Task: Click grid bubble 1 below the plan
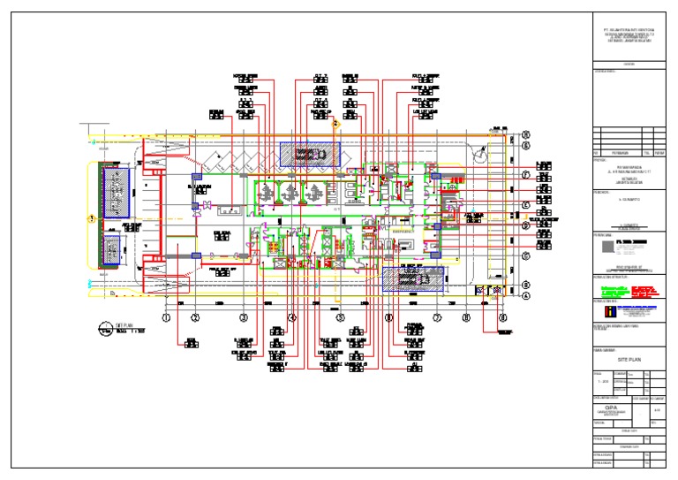(x=165, y=316)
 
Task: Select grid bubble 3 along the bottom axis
(x=244, y=316)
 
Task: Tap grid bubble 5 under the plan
(x=341, y=316)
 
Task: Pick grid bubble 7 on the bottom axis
(x=436, y=316)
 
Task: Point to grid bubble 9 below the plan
(x=502, y=316)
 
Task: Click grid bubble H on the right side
(x=525, y=134)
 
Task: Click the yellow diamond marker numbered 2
(x=335, y=125)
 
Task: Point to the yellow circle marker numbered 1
(x=90, y=217)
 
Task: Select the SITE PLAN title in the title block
(x=628, y=361)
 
